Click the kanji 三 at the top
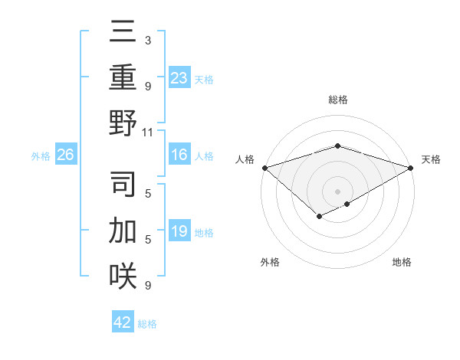coord(123,34)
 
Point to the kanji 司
coord(123,184)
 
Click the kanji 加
coord(123,229)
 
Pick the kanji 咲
coord(123,274)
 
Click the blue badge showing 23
coord(179,77)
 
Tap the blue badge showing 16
coord(179,155)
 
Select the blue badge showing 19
coord(179,231)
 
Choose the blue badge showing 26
coord(66,155)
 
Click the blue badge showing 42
coord(123,322)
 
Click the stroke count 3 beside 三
coord(148,39)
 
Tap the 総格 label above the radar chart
coord(337,100)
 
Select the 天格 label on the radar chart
coord(431,159)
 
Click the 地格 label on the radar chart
coord(402,262)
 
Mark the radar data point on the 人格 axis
coord(264,167)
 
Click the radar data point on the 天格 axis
coord(411,167)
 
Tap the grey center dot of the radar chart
coord(337,191)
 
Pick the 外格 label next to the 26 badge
coord(41,156)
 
